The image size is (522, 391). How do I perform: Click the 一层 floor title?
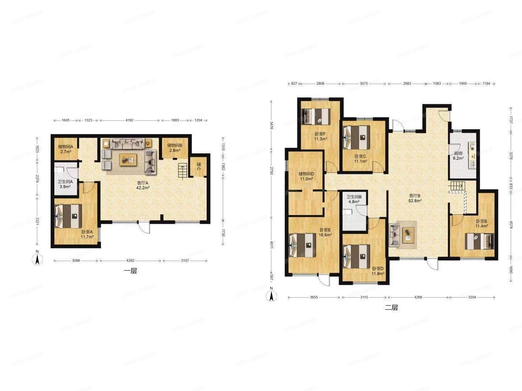[130, 271]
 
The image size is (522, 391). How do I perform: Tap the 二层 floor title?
[391, 308]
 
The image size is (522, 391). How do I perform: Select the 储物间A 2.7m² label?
[66, 149]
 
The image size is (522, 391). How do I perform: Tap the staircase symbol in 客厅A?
[182, 171]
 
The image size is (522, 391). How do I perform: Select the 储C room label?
[199, 166]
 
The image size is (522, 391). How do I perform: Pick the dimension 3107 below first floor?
[185, 260]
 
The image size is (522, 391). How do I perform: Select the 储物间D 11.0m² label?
[307, 176]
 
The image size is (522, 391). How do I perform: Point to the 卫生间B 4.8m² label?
[354, 199]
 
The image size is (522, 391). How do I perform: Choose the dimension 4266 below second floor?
[418, 297]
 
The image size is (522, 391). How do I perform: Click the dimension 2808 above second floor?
[320, 84]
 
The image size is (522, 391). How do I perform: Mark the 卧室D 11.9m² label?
[378, 271]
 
